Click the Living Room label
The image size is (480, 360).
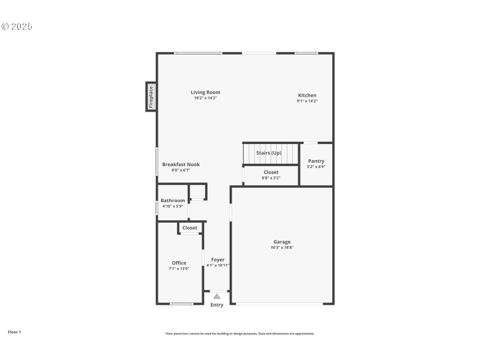click(x=205, y=92)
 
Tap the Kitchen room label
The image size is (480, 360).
click(x=307, y=95)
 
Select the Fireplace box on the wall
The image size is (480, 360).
click(x=151, y=97)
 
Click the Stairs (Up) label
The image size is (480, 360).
click(x=269, y=153)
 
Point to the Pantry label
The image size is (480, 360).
click(x=316, y=161)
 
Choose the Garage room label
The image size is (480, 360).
click(x=282, y=242)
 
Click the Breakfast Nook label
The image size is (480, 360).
click(x=181, y=164)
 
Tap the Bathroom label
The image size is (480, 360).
click(x=173, y=200)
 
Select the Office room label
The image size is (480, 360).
click(x=179, y=263)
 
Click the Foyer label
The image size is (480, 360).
click(x=218, y=260)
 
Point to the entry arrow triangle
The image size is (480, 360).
click(x=217, y=296)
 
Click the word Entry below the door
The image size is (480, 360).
click(x=217, y=305)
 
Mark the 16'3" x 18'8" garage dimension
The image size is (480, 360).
click(x=282, y=247)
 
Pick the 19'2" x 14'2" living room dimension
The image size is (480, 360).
click(x=205, y=98)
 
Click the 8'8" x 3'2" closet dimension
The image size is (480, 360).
click(x=271, y=178)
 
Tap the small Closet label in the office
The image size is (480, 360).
click(x=190, y=228)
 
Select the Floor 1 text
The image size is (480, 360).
click(x=14, y=332)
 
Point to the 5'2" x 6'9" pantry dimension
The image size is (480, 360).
click(x=316, y=166)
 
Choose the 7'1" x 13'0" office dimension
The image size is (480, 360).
click(x=179, y=269)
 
